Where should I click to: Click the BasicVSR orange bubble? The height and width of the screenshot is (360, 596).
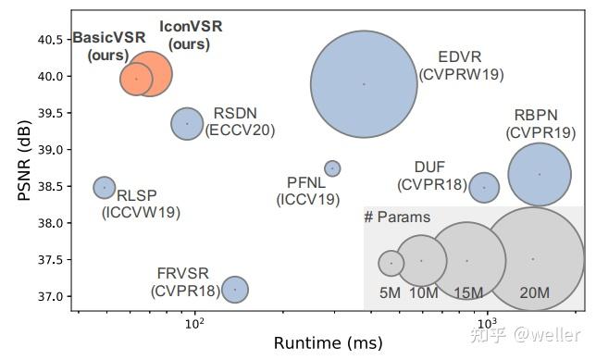[x=136, y=79]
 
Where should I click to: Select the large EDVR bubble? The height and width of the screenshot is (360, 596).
[x=364, y=83]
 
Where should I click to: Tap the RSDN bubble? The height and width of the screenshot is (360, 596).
[x=187, y=123]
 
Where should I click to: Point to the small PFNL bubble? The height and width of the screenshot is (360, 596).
[x=332, y=168]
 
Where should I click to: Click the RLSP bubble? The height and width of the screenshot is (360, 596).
[x=105, y=187]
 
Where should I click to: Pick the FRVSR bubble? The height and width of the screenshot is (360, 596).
[x=235, y=289]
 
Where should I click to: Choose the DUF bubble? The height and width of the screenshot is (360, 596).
[x=484, y=187]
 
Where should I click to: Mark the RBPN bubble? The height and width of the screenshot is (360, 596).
[x=540, y=174]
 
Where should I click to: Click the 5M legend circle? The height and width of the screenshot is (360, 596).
[x=391, y=263]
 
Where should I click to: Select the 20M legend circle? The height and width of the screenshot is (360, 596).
[x=533, y=259]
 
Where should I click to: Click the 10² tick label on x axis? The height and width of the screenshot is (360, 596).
[x=194, y=324]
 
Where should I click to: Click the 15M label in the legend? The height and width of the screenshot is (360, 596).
[x=468, y=293]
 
